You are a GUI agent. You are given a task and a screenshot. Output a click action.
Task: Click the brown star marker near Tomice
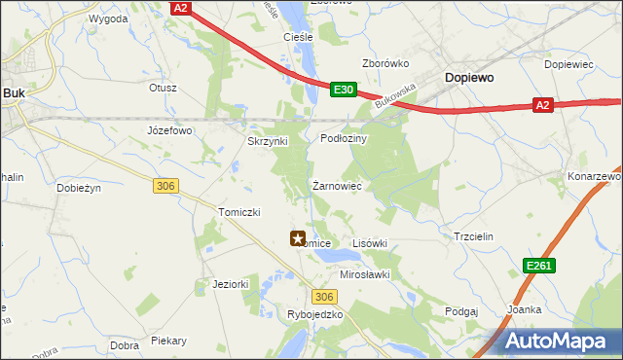[x=298, y=237]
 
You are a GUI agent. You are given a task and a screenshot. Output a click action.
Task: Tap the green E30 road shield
[x=342, y=90]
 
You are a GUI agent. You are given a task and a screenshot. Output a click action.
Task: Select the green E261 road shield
[x=540, y=265]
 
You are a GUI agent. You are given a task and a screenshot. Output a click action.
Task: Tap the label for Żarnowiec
[x=337, y=185]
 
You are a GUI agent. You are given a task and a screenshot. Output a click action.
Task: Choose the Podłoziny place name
[x=343, y=138]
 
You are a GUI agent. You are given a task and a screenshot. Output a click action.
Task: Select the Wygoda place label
[x=108, y=18]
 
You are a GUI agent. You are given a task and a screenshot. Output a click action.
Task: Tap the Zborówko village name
[x=385, y=63]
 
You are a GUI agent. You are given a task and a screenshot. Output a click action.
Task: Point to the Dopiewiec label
[x=569, y=64]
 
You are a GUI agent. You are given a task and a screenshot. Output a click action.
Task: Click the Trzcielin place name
[x=474, y=236]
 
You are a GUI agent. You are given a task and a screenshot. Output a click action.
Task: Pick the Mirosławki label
[x=364, y=274]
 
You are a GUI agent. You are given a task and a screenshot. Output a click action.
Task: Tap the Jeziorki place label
[x=231, y=284]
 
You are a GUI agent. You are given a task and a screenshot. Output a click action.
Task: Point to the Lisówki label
[x=369, y=243]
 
